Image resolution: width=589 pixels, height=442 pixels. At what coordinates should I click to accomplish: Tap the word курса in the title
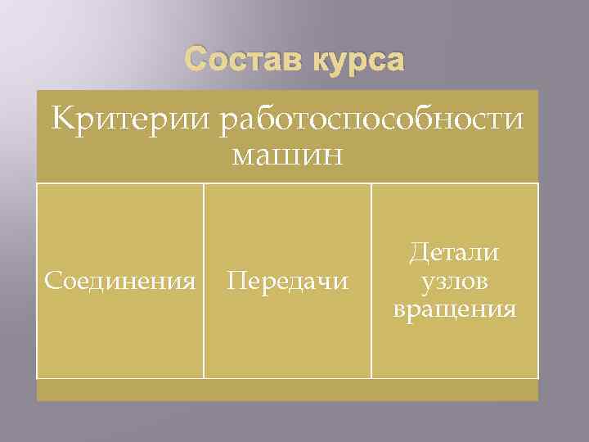[357, 61]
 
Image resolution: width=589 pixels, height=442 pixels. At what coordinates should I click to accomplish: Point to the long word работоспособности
[369, 120]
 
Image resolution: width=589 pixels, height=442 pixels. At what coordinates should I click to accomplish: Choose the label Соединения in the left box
[120, 282]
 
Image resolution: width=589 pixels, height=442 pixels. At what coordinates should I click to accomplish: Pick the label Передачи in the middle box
[287, 282]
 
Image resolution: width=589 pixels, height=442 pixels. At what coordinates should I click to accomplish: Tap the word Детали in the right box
[455, 253]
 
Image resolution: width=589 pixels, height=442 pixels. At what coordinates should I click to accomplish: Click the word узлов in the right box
[455, 282]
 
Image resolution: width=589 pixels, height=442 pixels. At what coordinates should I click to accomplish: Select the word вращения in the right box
[455, 310]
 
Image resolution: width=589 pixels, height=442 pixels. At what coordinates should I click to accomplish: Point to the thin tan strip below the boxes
[287, 390]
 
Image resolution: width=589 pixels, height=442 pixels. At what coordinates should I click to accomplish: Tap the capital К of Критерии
[61, 119]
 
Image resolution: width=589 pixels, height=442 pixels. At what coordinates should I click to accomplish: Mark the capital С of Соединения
[52, 282]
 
